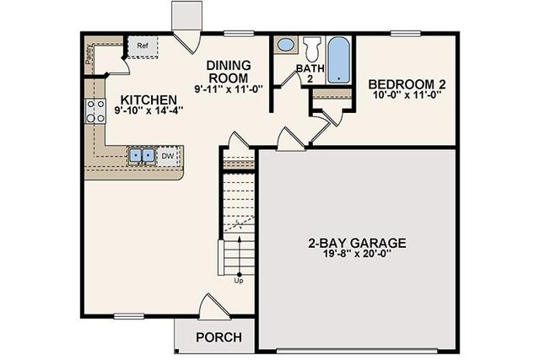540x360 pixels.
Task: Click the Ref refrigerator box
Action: point(143,46)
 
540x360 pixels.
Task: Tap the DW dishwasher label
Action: point(168,156)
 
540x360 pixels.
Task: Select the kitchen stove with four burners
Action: point(95,110)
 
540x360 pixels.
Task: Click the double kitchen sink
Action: point(142,156)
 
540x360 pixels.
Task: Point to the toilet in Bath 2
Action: point(312,49)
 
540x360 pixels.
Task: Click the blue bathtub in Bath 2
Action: point(338,60)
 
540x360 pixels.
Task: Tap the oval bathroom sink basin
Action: point(286,45)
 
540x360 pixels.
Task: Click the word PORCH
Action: point(219,337)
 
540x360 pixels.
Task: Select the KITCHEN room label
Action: point(148,99)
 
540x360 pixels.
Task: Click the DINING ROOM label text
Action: point(229,72)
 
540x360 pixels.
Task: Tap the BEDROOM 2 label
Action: point(407,84)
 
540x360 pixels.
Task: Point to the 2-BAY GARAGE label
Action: point(357,243)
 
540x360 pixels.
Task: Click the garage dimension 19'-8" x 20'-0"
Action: point(357,254)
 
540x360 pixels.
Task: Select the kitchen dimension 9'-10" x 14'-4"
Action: point(148,110)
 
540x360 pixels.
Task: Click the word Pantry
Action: point(89,54)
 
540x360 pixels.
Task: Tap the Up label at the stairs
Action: point(239,281)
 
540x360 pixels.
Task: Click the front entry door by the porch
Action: point(213,307)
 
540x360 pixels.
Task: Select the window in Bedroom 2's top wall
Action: point(406,34)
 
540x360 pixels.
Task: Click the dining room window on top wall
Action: point(239,34)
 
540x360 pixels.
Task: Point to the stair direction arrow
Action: point(240,255)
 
